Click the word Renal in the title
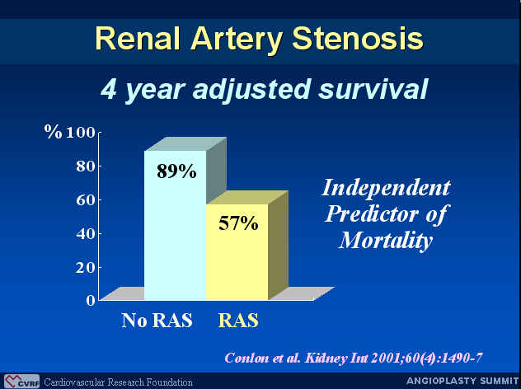[138, 38]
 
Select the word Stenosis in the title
[357, 38]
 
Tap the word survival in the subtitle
[373, 89]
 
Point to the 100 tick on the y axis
[81, 133]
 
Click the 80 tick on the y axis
[86, 166]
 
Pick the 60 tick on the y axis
[86, 200]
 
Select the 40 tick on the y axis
[86, 233]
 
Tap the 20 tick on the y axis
[86, 267]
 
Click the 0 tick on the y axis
[91, 301]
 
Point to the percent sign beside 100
[53, 132]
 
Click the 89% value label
[176, 171]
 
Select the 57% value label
[238, 223]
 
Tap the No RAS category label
[157, 321]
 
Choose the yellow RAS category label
[238, 321]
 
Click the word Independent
[387, 188]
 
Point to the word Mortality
[386, 240]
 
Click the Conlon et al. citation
[354, 359]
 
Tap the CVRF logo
[22, 382]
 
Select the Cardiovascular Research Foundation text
[118, 382]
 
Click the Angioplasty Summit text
[462, 381]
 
